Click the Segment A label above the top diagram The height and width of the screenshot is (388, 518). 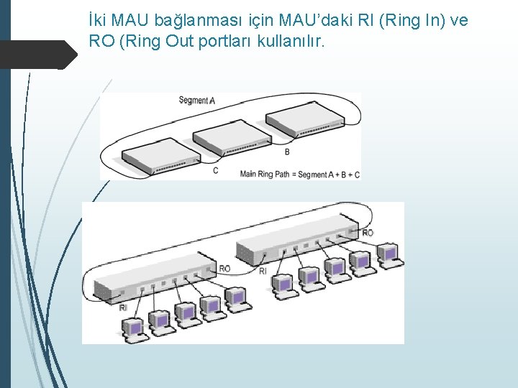[x=196, y=101]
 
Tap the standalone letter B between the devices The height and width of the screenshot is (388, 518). [x=287, y=152]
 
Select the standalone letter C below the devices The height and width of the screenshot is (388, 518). [x=216, y=170]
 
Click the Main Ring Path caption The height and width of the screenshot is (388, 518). [x=299, y=174]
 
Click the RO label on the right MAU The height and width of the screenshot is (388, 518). [x=368, y=233]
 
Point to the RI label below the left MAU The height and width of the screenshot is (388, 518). [x=123, y=308]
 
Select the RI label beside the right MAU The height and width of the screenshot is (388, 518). [x=263, y=271]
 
